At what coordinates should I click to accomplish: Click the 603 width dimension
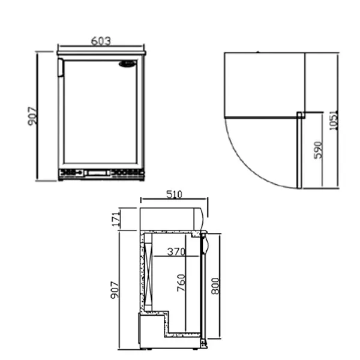tap(101, 41)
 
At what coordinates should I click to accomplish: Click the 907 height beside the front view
tap(32, 116)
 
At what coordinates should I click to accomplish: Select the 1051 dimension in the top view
tap(334, 121)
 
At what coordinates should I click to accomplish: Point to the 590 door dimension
tap(318, 150)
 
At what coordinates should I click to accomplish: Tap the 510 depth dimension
tap(174, 194)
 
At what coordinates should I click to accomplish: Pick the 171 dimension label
tap(116, 219)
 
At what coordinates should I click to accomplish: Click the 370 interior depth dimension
tap(176, 251)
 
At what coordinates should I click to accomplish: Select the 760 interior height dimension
tap(181, 283)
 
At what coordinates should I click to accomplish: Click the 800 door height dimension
tap(215, 286)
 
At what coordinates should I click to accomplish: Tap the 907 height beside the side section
tap(115, 290)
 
